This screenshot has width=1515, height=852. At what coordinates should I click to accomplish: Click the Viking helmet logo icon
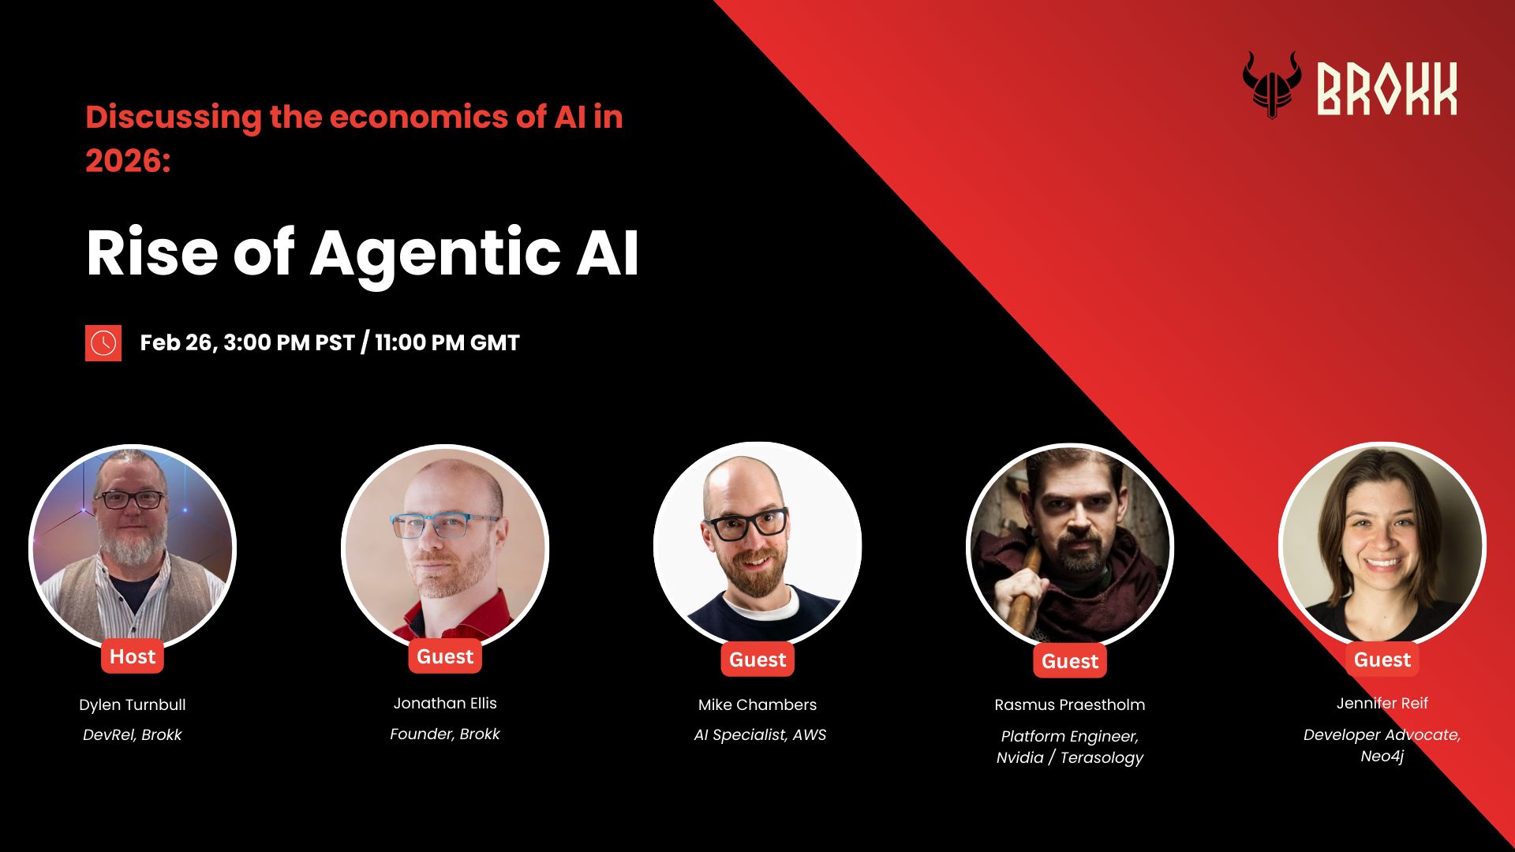1272,85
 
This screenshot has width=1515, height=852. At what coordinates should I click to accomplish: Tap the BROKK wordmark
1386,89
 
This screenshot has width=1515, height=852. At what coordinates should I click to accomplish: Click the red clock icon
103,343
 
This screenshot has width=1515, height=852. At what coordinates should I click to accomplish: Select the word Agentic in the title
435,254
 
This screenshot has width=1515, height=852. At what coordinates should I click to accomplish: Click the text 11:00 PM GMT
447,342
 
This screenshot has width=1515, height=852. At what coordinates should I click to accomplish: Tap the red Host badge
133,656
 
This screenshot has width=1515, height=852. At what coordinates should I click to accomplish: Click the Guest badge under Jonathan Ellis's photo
445,656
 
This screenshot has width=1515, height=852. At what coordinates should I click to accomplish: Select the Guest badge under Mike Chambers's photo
757,660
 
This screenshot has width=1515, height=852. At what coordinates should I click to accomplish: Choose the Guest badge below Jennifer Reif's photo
1382,660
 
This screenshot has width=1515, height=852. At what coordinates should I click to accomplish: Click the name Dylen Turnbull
133,704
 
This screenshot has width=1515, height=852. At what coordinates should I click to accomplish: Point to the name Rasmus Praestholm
1070,704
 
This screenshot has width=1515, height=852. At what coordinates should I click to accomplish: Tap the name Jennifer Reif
1382,703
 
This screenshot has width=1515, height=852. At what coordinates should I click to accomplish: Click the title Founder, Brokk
445,734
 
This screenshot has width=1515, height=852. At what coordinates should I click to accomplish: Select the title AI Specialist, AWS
760,734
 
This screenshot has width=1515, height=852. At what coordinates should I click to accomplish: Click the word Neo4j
1382,756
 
